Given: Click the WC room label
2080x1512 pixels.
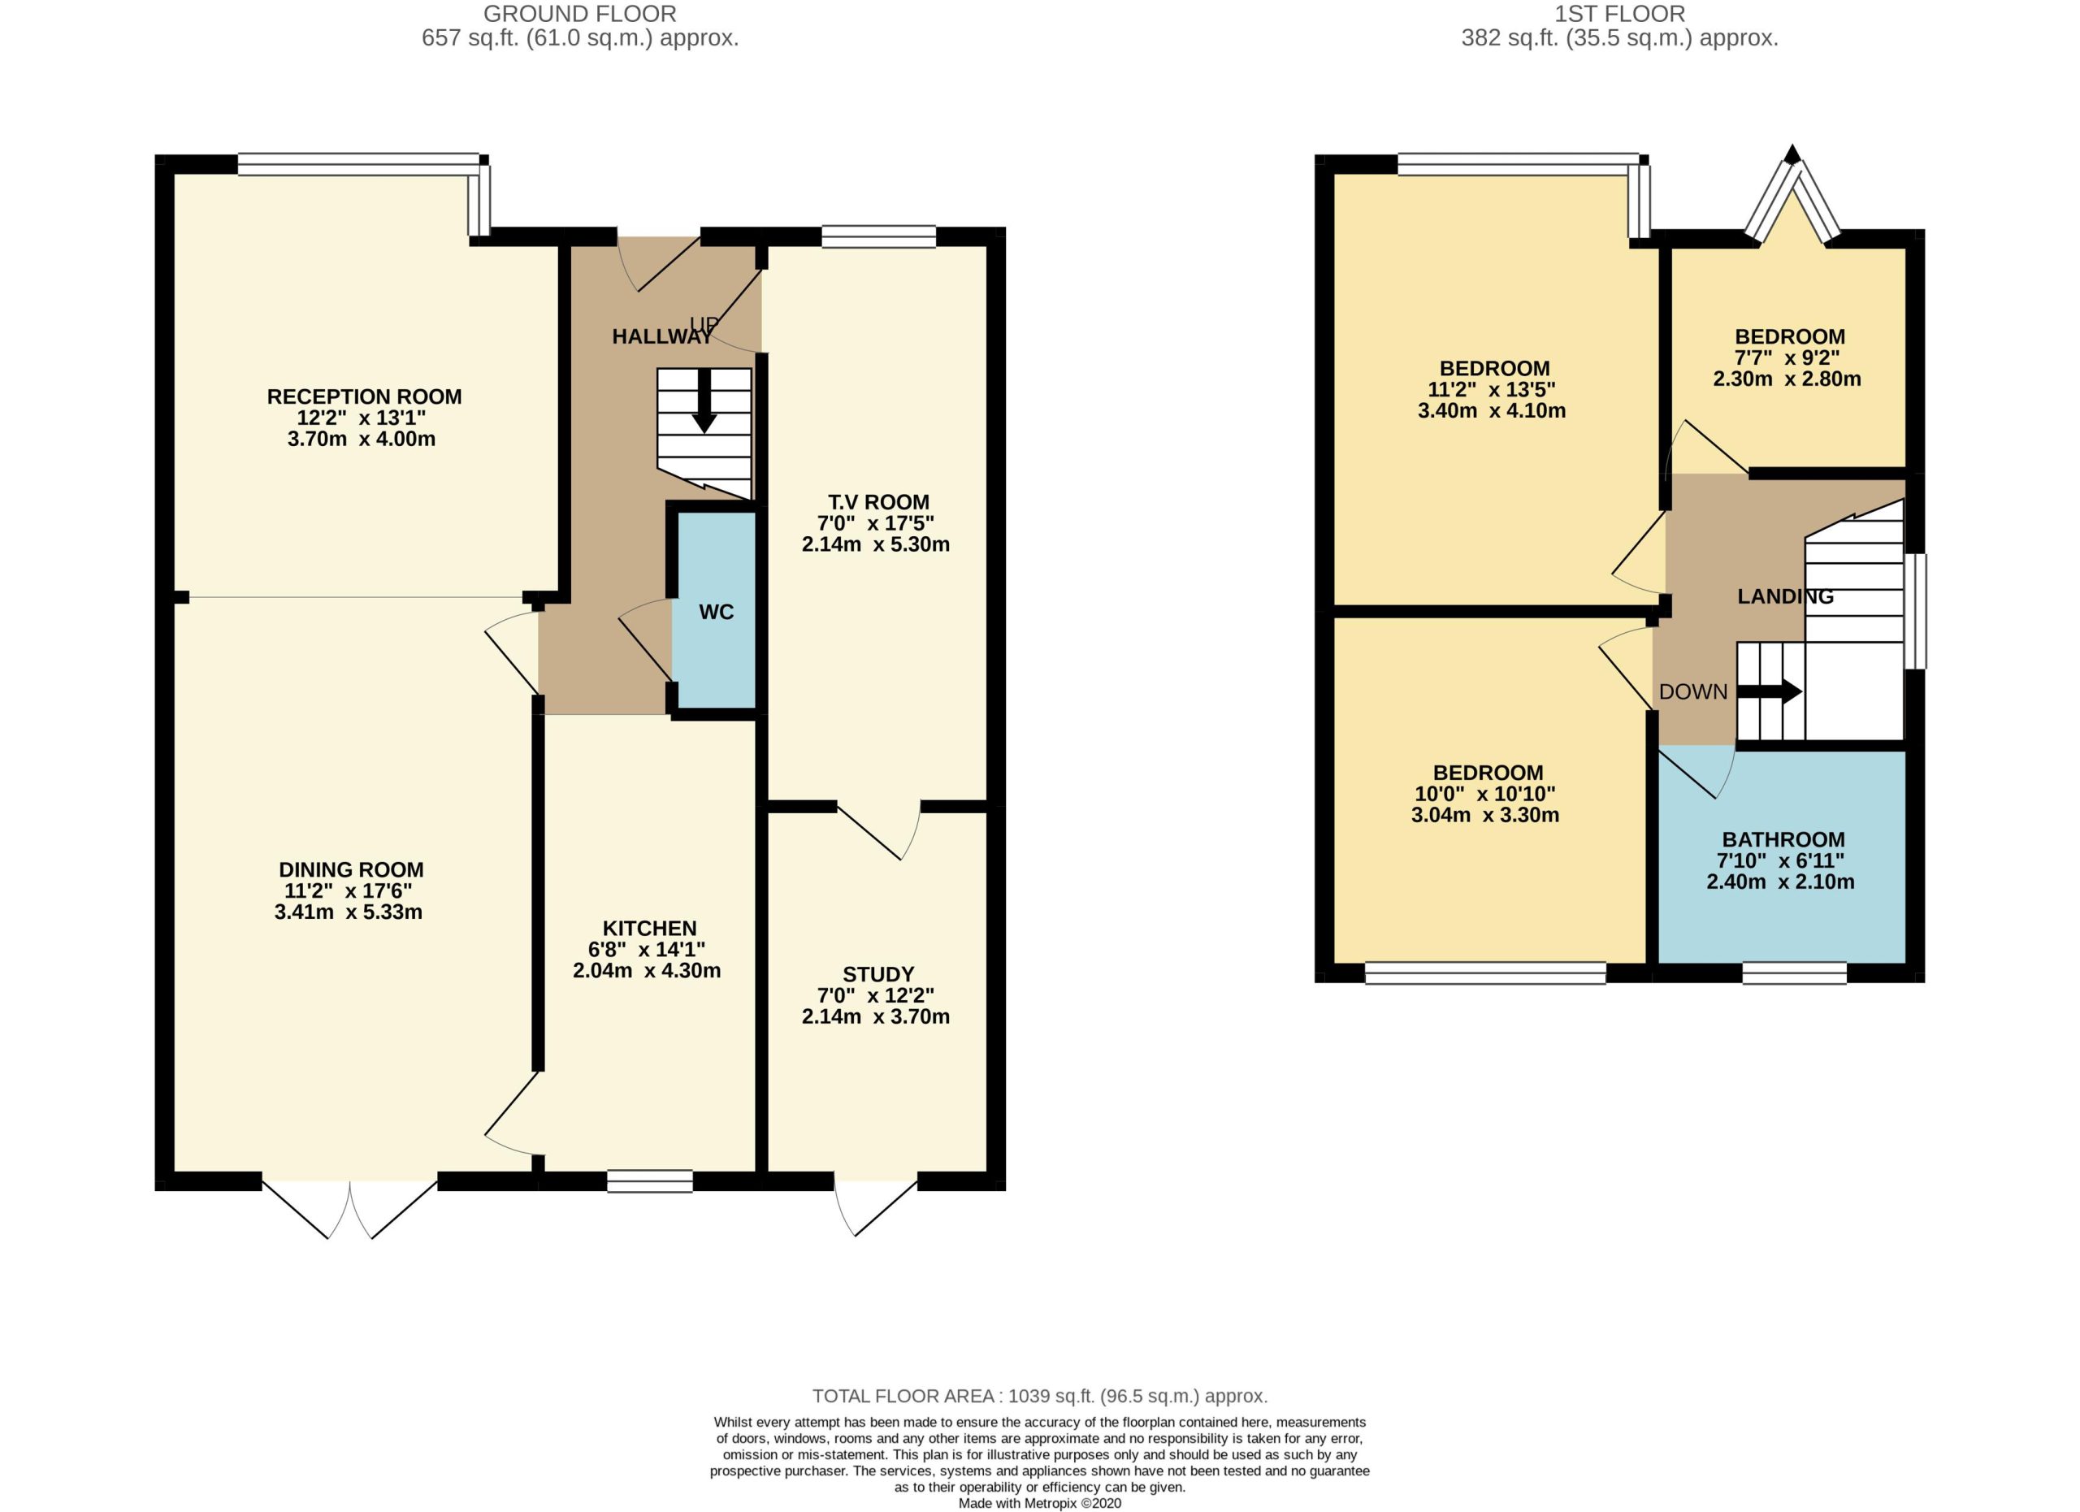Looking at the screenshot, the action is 717,612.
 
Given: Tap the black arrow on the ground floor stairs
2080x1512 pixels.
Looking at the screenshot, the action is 704,400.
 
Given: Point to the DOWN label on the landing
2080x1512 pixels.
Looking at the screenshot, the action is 1693,691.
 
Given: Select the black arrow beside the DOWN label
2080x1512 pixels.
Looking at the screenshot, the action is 1770,691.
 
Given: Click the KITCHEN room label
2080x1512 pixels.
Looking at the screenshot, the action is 649,928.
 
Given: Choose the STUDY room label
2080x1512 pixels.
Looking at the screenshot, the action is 877,974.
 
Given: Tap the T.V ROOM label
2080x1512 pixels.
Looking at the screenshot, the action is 878,501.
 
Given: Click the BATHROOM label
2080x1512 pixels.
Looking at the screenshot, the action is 1783,839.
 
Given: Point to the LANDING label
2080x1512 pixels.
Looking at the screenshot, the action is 1786,596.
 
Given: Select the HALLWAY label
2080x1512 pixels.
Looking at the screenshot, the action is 662,336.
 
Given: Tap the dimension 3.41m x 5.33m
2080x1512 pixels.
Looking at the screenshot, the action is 349,912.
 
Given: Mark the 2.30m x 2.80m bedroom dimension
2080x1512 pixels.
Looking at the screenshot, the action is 1787,379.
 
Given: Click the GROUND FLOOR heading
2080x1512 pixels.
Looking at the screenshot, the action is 579,14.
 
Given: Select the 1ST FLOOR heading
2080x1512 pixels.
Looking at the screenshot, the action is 1619,14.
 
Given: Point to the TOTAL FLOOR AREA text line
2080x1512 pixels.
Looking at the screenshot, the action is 1040,1396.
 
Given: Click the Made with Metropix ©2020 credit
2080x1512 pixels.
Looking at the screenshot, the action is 1040,1504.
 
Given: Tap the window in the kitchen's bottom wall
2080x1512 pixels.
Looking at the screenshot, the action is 649,1181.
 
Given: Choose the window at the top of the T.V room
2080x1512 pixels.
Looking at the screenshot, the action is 878,236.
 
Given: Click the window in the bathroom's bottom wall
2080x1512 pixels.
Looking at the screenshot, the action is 1794,973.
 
